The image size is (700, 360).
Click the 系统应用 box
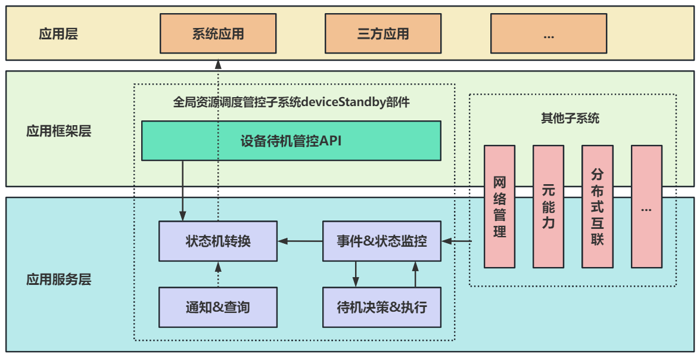click(x=218, y=34)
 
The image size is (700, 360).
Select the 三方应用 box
click(x=383, y=34)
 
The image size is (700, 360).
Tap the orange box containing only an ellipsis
click(x=548, y=34)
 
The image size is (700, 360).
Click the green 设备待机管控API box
click(x=291, y=141)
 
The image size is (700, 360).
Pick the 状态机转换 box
click(x=218, y=241)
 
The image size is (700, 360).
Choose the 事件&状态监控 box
click(x=382, y=241)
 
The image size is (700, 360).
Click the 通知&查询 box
click(x=218, y=308)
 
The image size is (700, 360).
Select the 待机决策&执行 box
click(x=382, y=308)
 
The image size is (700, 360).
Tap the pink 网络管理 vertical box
click(x=500, y=206)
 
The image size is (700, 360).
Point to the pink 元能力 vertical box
click(x=548, y=206)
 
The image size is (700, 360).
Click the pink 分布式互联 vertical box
click(x=597, y=206)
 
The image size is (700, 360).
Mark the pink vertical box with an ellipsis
click(x=646, y=206)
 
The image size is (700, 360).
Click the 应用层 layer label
click(x=58, y=34)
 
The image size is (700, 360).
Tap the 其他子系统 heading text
click(x=570, y=118)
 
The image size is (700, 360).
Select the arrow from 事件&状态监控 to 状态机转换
click(x=300, y=241)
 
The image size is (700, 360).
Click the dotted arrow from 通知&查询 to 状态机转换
click(x=218, y=274)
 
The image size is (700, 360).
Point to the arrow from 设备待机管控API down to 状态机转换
click(x=182, y=191)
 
